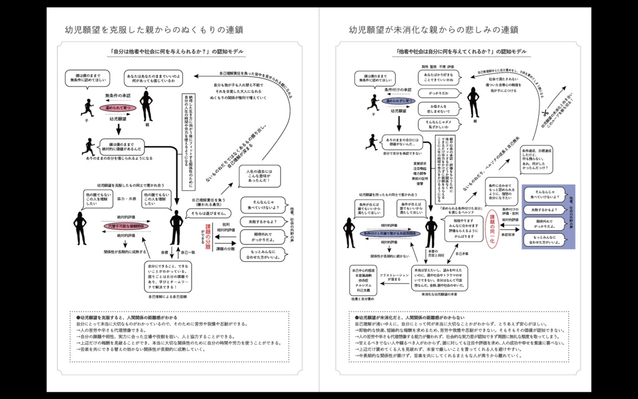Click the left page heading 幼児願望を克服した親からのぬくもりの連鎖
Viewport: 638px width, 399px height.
coord(154,29)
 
